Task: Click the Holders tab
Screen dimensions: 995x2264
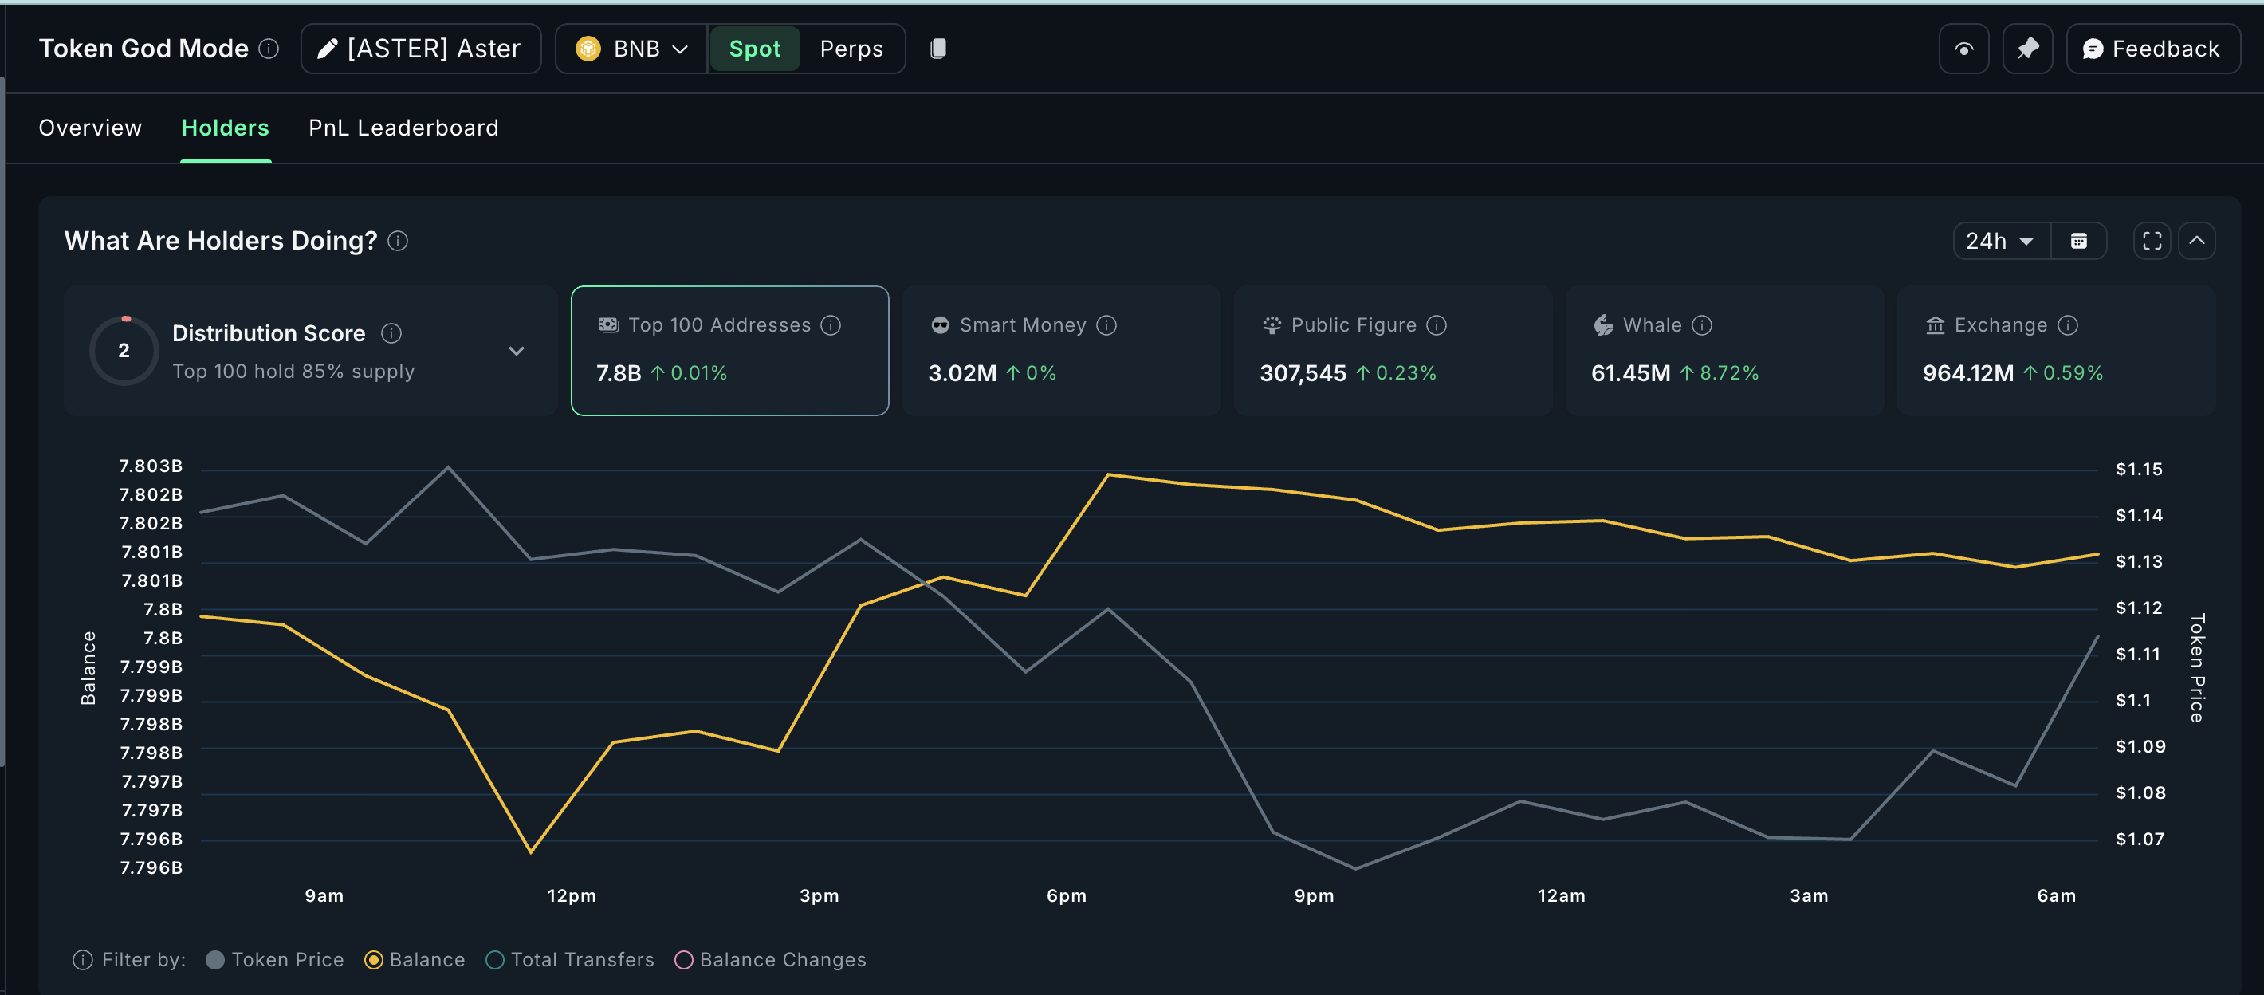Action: (x=225, y=128)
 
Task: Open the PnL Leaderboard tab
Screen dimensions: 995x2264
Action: (x=403, y=128)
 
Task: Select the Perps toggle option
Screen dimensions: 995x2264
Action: (x=851, y=49)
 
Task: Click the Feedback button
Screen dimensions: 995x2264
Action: (x=2152, y=49)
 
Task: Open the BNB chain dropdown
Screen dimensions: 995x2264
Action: (x=631, y=49)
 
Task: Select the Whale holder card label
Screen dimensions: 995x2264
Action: (x=1652, y=325)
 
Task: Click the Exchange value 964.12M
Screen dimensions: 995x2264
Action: (x=1967, y=374)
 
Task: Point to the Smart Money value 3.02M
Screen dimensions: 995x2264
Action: (x=961, y=374)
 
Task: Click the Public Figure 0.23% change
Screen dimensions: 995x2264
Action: (x=1405, y=374)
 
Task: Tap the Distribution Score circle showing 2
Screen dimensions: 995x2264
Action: (x=124, y=351)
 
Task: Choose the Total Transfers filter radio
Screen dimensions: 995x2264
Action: (x=495, y=960)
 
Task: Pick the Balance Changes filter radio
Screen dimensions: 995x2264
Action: (x=684, y=960)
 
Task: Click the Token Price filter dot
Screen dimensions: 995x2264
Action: (x=215, y=960)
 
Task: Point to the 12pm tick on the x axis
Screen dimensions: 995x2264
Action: (x=572, y=895)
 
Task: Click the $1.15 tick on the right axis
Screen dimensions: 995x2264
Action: (x=2138, y=470)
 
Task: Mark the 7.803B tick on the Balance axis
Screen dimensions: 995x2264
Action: (x=151, y=466)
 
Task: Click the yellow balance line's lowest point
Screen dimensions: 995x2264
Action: (x=531, y=851)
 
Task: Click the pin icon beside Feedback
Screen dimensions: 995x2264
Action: (x=2026, y=49)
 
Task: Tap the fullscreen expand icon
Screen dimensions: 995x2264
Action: (x=2152, y=241)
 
